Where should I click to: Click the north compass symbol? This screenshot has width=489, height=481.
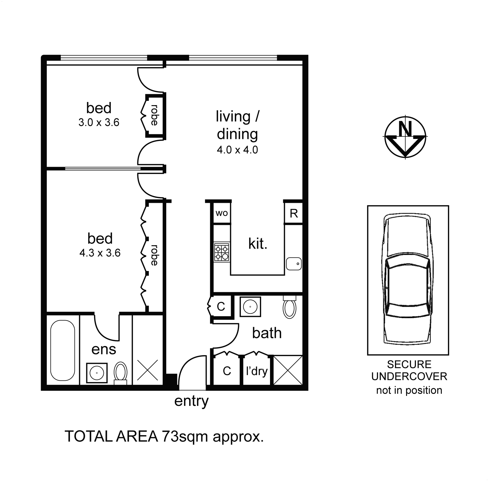tap(405, 137)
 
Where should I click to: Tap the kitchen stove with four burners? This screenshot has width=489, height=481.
tap(222, 252)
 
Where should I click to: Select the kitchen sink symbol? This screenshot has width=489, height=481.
tap(294, 264)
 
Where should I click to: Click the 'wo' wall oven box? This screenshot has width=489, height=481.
tap(222, 213)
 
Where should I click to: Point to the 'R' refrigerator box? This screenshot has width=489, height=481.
tap(294, 213)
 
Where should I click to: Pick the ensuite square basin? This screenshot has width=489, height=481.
tap(97, 373)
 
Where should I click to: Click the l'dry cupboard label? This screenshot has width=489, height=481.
tap(257, 371)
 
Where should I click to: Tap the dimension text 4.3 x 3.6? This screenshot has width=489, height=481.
tap(100, 253)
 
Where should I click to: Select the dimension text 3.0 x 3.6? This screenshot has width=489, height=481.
tap(99, 123)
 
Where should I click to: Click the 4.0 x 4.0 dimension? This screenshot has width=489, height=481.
tap(237, 150)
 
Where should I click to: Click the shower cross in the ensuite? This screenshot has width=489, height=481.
tap(147, 370)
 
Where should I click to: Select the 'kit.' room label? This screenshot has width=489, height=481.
tap(258, 244)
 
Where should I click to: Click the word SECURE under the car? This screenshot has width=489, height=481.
tap(409, 364)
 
